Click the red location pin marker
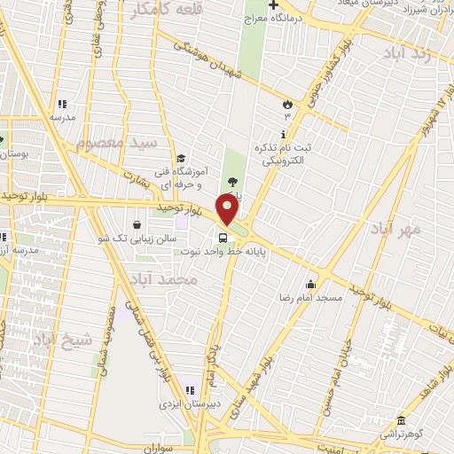[228, 209]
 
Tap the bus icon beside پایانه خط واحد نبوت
[222, 237]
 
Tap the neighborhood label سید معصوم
[115, 142]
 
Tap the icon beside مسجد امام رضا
[310, 285]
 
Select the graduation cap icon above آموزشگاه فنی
[181, 159]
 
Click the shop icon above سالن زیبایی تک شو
[137, 225]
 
